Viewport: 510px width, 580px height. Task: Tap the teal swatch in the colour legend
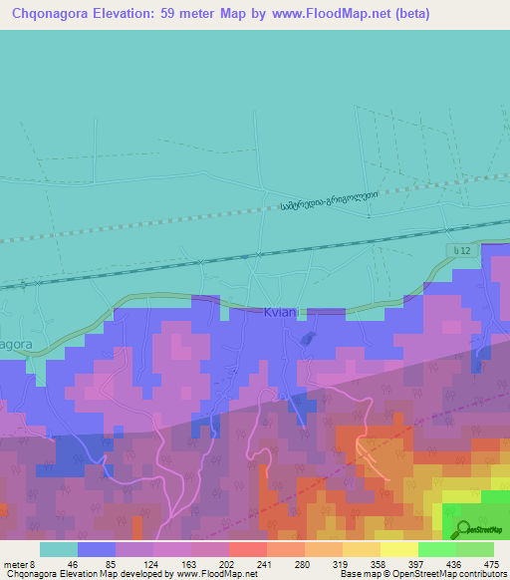click(x=58, y=549)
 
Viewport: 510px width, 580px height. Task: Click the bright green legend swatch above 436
click(x=436, y=549)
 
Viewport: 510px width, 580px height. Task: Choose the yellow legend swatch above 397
click(x=398, y=549)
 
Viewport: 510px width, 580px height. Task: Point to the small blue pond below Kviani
click(x=309, y=339)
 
